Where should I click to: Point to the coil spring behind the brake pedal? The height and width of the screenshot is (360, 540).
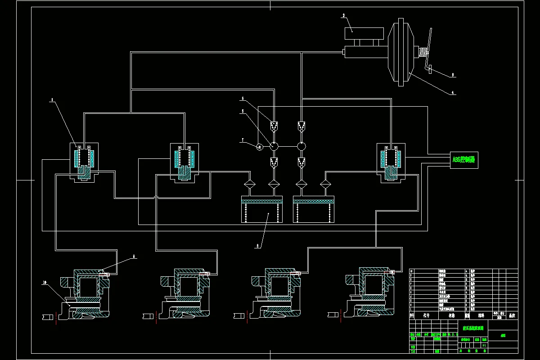coord(423,53)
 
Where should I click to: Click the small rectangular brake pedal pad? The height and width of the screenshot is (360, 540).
coord(430,69)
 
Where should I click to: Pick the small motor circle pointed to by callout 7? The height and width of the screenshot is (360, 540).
coord(260,146)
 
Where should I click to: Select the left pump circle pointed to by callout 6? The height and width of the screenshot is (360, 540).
coord(274,146)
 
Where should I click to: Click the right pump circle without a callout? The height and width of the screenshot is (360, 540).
coord(301,146)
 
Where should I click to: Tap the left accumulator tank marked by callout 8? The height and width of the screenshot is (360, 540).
coord(262,210)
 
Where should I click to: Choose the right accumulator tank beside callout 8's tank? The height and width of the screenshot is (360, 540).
coord(314,210)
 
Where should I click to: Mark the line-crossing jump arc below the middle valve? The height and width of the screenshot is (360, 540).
coord(156,197)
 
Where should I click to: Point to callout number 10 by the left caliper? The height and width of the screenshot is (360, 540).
coord(45,282)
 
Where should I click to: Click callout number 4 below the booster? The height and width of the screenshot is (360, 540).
coord(453,93)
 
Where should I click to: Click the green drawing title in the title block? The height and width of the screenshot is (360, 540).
coord(471,328)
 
